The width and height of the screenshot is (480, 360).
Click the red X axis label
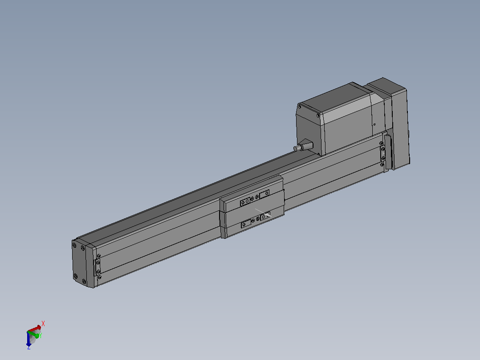pyautogui.click(x=43, y=323)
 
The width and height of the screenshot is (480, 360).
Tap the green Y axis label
pyautogui.click(x=41, y=335)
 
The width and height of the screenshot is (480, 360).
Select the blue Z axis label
pyautogui.click(x=29, y=348)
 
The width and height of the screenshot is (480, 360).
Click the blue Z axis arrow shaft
pyautogui.click(x=28, y=339)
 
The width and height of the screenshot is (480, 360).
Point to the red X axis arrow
pyautogui.click(x=34, y=329)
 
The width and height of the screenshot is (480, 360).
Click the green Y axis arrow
pyautogui.click(x=34, y=334)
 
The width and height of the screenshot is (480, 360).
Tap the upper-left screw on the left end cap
pyautogui.click(x=74, y=245)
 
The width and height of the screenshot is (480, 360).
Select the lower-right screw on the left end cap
pyautogui.click(x=84, y=281)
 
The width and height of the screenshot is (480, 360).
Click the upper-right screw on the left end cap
pyautogui.click(x=83, y=248)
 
